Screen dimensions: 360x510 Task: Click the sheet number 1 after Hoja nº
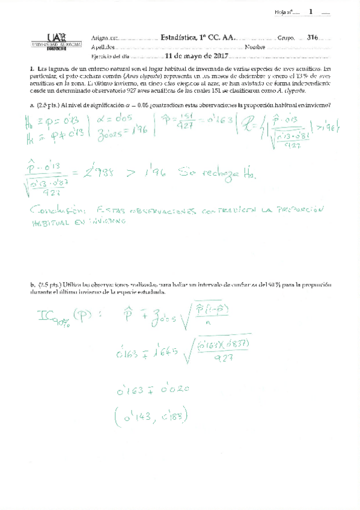coord(311,11)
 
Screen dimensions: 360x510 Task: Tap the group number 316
coord(312,37)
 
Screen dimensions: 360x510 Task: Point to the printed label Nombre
coord(255,47)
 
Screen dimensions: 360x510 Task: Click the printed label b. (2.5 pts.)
coord(43,284)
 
